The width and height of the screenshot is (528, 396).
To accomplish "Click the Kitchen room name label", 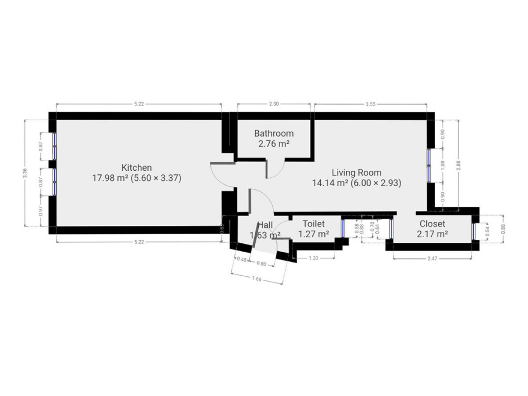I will pos(137,168).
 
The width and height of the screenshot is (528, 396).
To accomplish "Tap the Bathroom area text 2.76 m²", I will pos(274,144).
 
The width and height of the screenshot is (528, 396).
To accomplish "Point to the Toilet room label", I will pos(313,224).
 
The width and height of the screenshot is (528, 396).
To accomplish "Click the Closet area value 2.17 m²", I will pos(432,234).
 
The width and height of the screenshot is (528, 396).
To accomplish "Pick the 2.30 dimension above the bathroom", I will pos(274,104).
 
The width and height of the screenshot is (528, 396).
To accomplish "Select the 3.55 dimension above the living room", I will pos(370,104).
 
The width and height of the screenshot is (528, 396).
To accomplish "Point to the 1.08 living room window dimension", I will pos(443,165).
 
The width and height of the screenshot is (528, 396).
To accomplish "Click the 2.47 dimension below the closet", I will pos(432,259).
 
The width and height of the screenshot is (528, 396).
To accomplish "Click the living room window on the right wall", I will pos(429,165).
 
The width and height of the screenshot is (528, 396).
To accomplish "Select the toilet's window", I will pos(343,228).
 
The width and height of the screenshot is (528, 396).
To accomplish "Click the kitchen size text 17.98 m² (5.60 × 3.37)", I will pos(137,179).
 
